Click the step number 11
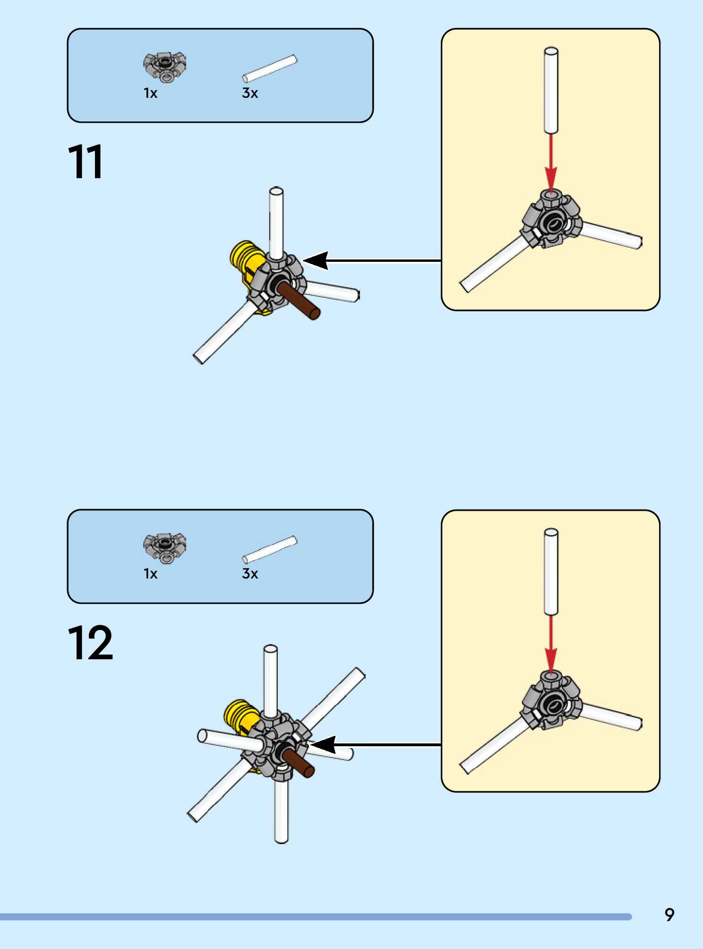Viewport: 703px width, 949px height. click(x=86, y=162)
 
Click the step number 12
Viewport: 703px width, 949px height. click(x=90, y=643)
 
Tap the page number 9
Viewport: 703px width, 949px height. click(x=669, y=915)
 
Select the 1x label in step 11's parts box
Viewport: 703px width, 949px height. click(x=150, y=93)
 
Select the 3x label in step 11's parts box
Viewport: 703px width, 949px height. click(x=250, y=93)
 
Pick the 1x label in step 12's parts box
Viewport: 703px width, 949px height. click(x=150, y=574)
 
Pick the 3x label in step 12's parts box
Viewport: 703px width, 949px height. click(x=250, y=574)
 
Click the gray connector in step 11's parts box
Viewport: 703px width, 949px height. click(x=165, y=67)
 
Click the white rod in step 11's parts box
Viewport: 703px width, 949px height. click(x=270, y=69)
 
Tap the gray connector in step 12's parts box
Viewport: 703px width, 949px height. click(x=165, y=547)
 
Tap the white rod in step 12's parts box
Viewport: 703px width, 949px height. click(x=270, y=549)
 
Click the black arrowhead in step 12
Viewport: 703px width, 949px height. click(x=323, y=745)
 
